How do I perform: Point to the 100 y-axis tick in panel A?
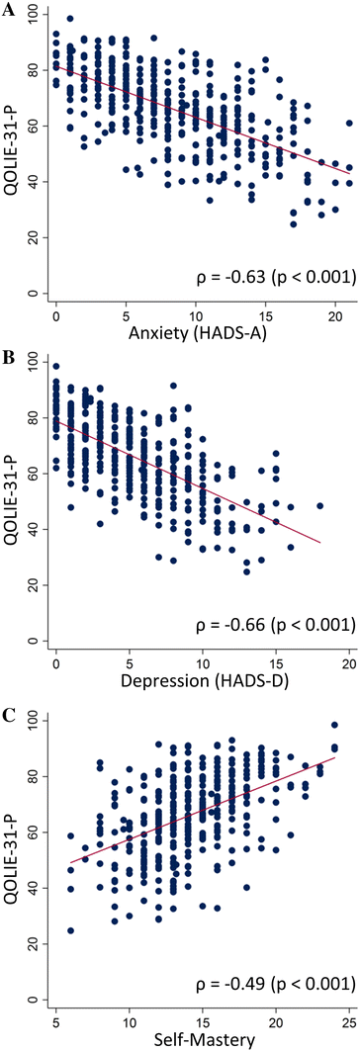pos(34,13)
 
